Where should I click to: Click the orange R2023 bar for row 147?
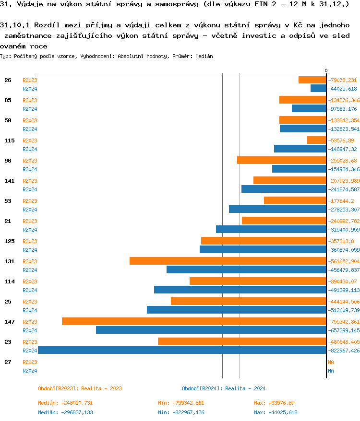194,321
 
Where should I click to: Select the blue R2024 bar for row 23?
182,350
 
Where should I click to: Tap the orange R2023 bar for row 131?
228,261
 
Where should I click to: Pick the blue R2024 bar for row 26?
318,88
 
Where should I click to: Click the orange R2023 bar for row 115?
317,140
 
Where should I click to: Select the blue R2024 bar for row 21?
271,229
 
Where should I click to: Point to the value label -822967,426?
344,351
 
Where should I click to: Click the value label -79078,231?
342,80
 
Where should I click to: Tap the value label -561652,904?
344,261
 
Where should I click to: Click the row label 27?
8,362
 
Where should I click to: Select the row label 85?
8,100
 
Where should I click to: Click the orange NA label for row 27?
331,362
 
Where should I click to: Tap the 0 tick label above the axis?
326,71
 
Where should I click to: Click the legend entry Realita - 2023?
80,388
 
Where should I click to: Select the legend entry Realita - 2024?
224,388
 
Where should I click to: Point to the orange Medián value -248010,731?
65,403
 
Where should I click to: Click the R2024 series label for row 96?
30,169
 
